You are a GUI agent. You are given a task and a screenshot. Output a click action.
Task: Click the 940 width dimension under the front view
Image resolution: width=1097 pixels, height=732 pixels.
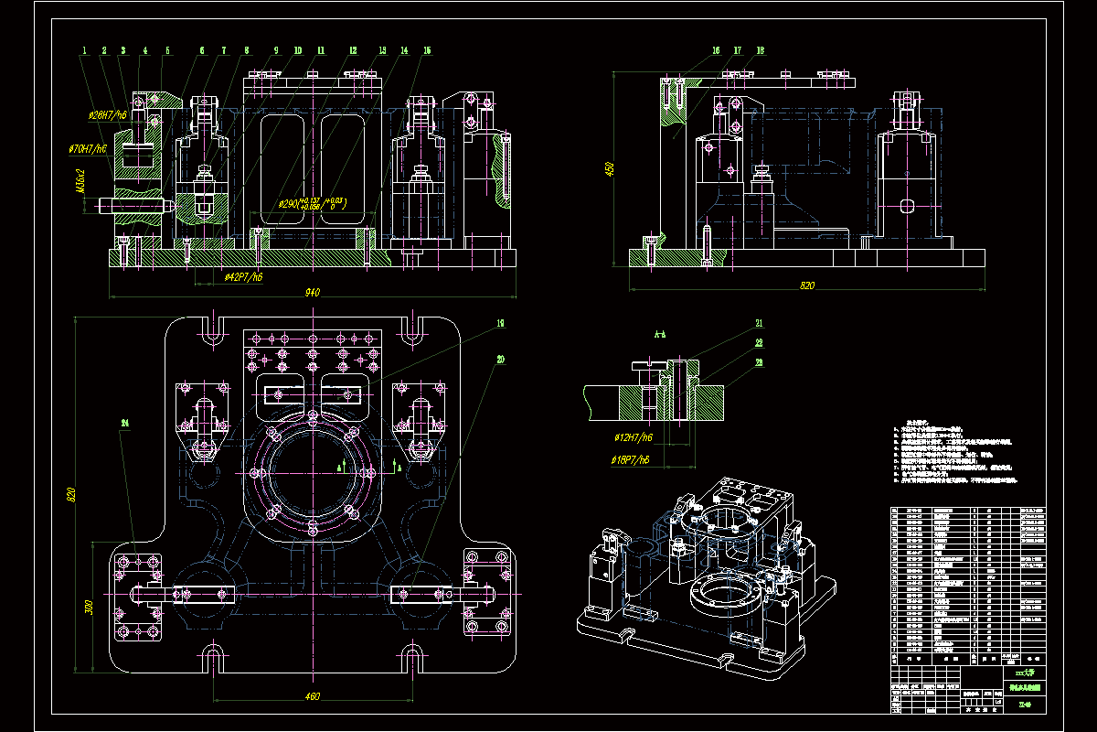(312, 293)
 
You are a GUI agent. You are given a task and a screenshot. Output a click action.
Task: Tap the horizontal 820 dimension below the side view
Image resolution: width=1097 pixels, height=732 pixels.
(806, 286)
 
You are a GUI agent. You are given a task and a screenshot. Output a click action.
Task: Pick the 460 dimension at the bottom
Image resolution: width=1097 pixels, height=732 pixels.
(312, 697)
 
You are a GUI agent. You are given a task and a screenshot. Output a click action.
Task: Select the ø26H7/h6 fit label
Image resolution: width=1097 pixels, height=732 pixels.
(107, 116)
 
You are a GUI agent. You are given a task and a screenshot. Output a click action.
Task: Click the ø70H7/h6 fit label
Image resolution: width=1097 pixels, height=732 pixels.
(89, 147)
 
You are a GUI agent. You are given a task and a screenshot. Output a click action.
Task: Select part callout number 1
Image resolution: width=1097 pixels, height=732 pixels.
(83, 50)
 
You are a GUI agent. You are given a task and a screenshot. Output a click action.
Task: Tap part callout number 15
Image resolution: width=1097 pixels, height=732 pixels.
(427, 50)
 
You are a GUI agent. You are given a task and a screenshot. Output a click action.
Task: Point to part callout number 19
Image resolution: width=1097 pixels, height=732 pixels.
(501, 323)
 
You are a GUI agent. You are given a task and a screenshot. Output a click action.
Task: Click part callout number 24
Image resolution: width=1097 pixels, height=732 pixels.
(125, 423)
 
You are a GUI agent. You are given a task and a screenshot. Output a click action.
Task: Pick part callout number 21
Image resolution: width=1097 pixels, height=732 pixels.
(759, 323)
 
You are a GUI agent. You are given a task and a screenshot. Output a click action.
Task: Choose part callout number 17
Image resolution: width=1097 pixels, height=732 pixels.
(737, 50)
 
